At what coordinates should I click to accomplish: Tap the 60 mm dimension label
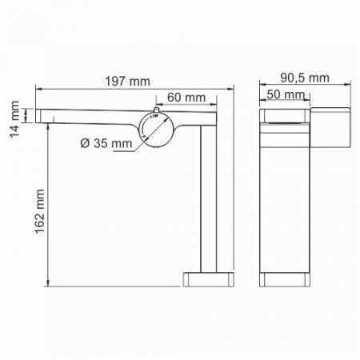(185, 97)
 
